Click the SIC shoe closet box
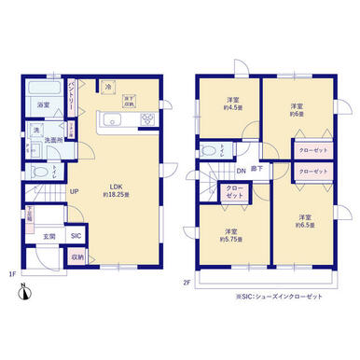(x=76, y=236)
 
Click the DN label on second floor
(x=240, y=171)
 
